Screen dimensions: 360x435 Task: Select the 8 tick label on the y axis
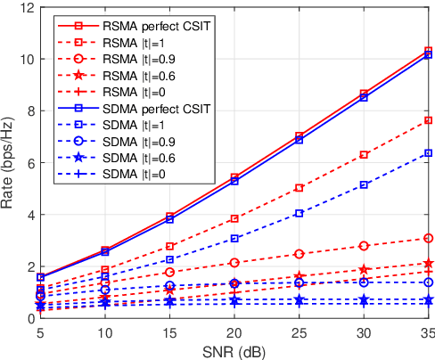point(29,111)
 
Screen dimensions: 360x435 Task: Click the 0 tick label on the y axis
point(29,319)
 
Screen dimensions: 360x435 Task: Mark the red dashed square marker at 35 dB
point(428,120)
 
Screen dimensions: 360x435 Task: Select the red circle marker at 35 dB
point(428,238)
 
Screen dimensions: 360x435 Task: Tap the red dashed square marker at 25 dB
point(300,188)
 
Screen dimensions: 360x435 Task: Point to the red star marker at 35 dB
point(428,263)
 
